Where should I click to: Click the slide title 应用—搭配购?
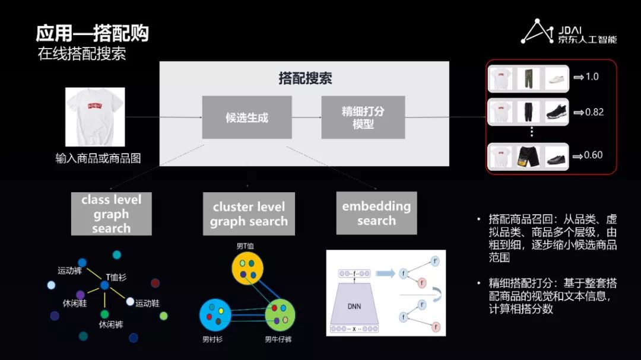92,33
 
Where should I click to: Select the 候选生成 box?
246,117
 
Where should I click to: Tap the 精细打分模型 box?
363,117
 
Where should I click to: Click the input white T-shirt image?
95,117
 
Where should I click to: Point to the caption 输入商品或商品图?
98,158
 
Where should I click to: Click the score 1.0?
592,77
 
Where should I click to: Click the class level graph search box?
111,214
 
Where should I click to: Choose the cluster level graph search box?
249,214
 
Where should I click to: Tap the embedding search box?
376,213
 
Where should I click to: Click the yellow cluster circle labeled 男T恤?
247,268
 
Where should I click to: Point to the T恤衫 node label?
116,277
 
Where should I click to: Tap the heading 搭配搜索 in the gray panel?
305,78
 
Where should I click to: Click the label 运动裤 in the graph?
69,270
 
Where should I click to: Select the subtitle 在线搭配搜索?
81,54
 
